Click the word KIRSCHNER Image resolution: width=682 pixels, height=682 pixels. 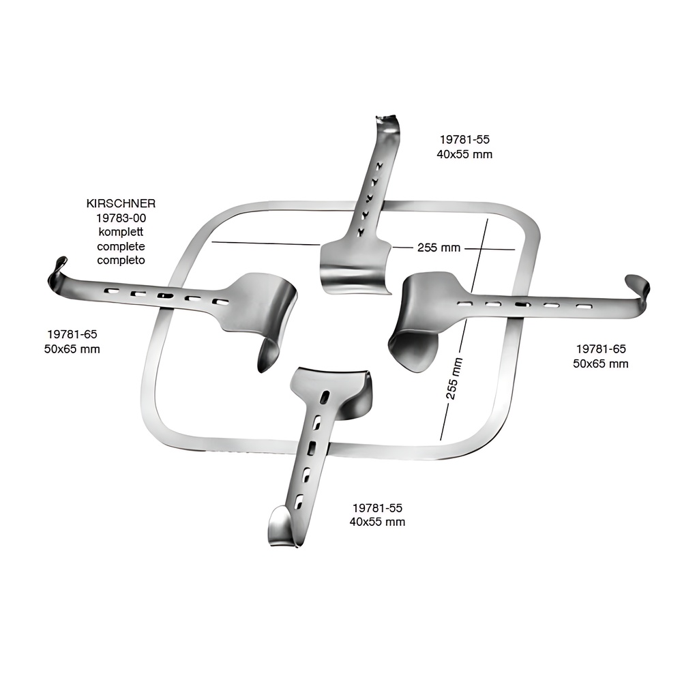click(121, 203)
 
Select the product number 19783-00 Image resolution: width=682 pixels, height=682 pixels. click(121, 218)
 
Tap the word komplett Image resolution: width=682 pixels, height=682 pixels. click(121, 232)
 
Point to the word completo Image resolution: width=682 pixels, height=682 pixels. click(121, 260)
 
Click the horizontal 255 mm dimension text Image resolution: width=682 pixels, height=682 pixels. click(439, 248)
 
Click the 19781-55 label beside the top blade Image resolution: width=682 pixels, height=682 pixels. click(464, 139)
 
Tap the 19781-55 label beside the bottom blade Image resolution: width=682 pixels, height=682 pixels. click(377, 507)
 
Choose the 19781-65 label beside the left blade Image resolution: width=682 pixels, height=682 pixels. click(72, 334)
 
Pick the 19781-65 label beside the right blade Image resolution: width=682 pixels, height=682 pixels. click(601, 349)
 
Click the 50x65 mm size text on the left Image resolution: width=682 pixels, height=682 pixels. click(72, 349)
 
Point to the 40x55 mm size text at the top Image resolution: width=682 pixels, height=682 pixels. click(464, 154)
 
